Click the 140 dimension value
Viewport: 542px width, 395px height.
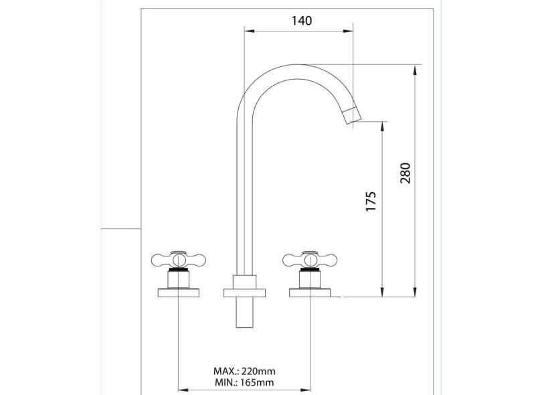click(302, 21)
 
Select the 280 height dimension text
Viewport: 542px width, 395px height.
click(405, 173)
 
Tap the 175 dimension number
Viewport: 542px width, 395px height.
click(372, 202)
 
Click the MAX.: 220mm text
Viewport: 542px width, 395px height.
click(244, 370)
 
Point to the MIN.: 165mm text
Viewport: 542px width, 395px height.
click(244, 382)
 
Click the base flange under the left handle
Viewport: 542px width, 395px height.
click(177, 292)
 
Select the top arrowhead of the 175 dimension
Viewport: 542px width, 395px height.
click(382, 125)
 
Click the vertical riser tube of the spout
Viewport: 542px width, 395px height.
click(244, 201)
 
